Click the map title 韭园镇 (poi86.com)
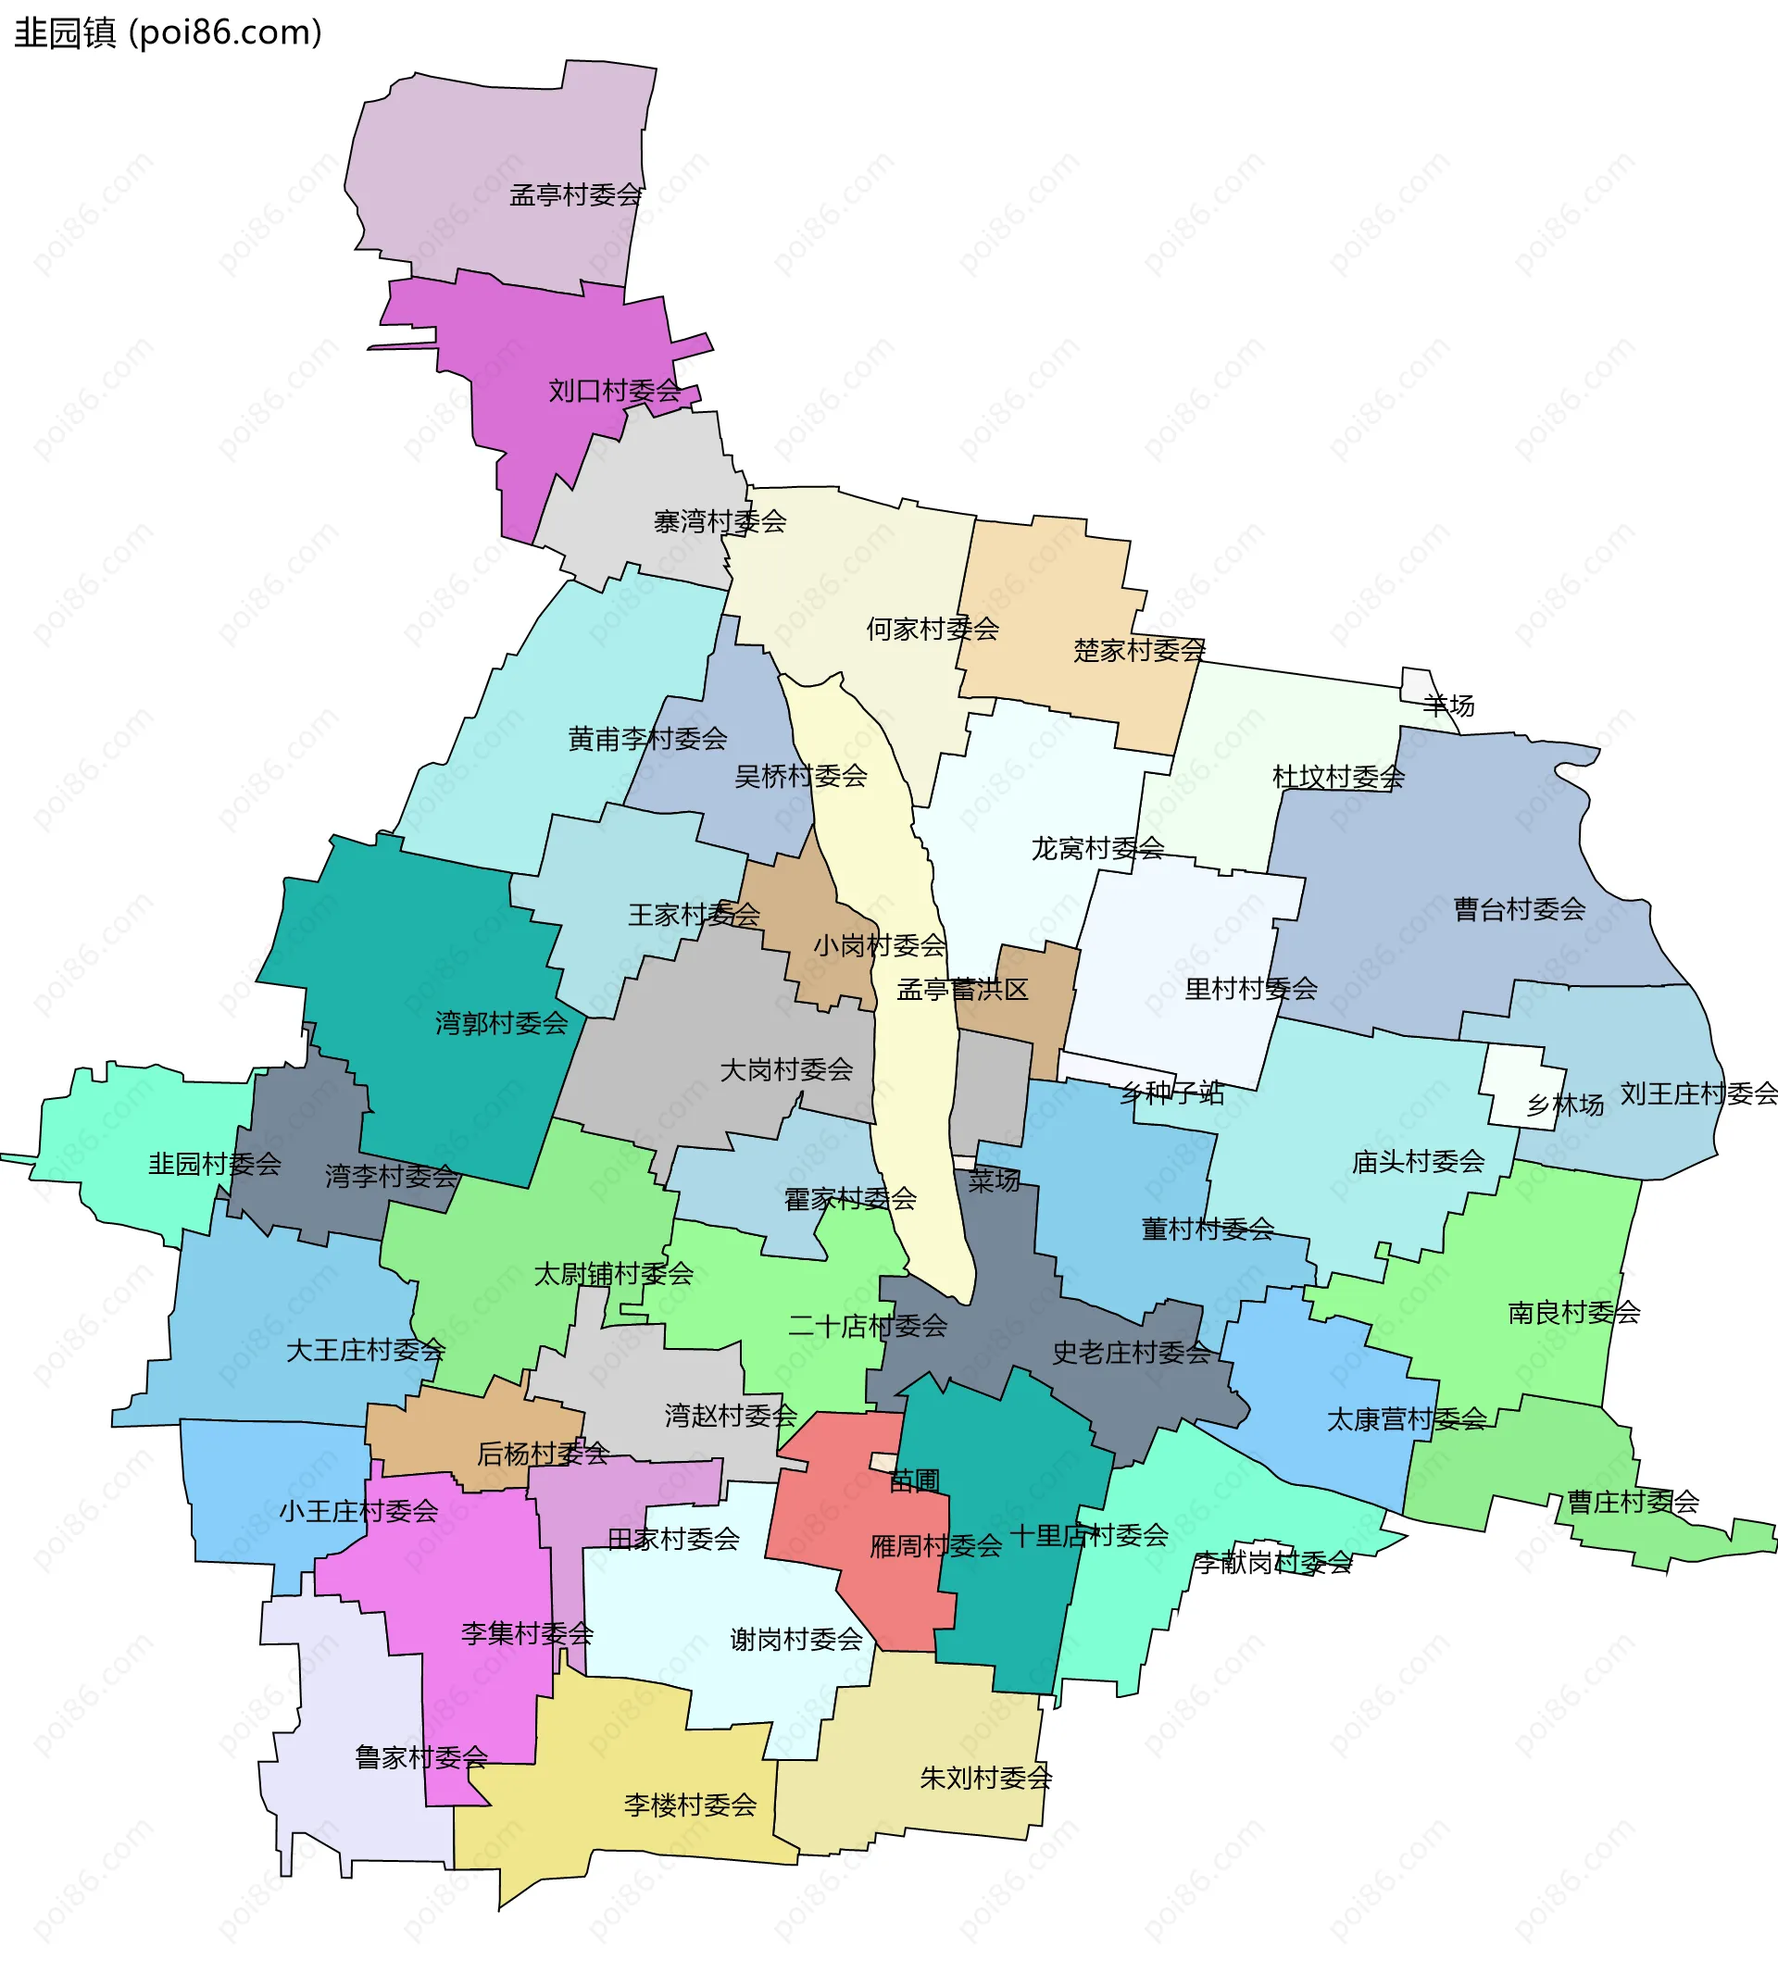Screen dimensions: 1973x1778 [168, 33]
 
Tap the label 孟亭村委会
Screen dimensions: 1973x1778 [575, 195]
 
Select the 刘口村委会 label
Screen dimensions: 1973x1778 [615, 391]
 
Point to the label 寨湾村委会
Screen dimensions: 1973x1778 [720, 521]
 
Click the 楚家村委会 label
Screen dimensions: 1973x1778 [1139, 651]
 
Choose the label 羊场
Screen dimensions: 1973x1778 [1447, 706]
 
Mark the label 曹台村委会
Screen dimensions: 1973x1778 [1519, 909]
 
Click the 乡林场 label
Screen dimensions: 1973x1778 [1565, 1105]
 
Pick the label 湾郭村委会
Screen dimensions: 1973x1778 [501, 1024]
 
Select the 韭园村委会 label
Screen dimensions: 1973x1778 [215, 1163]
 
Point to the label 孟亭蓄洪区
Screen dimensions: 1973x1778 [962, 990]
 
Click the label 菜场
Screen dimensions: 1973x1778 [994, 1180]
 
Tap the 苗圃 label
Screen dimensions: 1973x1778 [914, 1481]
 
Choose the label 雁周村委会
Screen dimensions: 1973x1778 [936, 1546]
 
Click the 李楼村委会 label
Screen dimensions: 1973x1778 [691, 1805]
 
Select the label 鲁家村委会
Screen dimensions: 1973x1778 [421, 1758]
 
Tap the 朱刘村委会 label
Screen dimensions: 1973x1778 [985, 1778]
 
